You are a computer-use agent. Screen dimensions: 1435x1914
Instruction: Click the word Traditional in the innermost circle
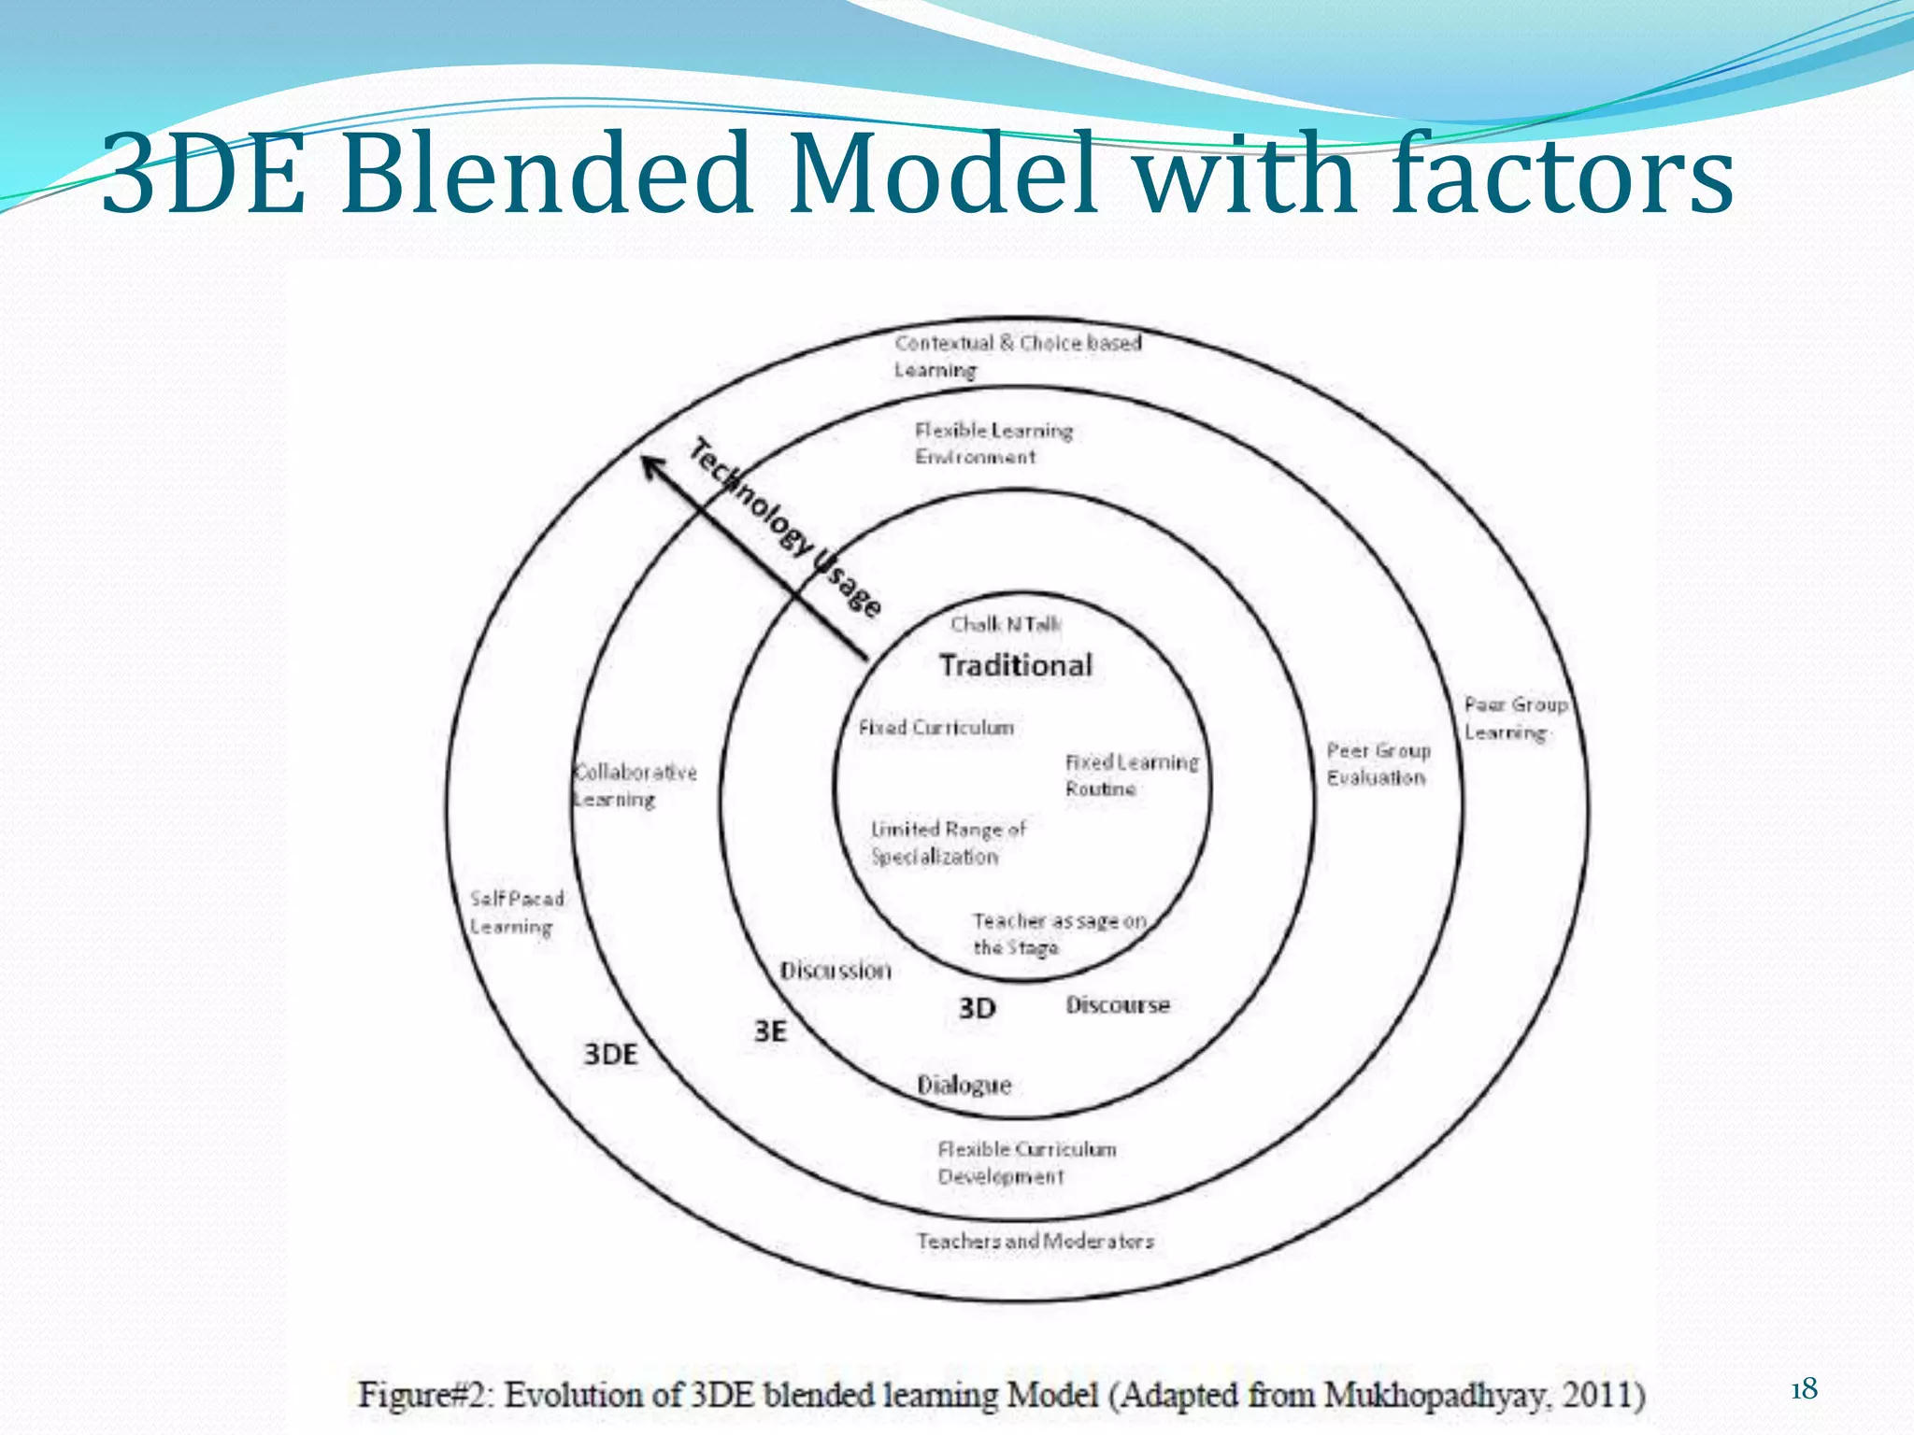pyautogui.click(x=1015, y=665)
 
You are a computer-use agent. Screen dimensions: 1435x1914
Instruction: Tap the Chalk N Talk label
pyautogui.click(x=1005, y=624)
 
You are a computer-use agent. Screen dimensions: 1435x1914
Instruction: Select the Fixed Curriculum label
pyautogui.click(x=936, y=727)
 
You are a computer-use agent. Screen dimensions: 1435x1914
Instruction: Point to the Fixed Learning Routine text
pyautogui.click(x=1130, y=774)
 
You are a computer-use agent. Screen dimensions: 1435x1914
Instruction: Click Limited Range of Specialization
pyautogui.click(x=947, y=842)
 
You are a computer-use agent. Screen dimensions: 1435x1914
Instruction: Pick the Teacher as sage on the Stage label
pyautogui.click(x=1058, y=933)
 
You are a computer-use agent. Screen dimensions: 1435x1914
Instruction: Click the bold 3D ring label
pyautogui.click(x=977, y=1008)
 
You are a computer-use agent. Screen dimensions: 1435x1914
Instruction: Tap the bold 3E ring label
pyautogui.click(x=770, y=1031)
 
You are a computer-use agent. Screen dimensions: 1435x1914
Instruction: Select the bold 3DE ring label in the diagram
pyautogui.click(x=610, y=1054)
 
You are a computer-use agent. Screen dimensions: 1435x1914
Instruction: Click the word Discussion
pyautogui.click(x=836, y=971)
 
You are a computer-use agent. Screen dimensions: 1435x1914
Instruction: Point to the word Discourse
pyautogui.click(x=1118, y=1005)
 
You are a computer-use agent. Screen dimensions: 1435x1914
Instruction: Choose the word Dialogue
pyautogui.click(x=964, y=1085)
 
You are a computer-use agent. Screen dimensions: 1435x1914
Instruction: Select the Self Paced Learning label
pyautogui.click(x=516, y=912)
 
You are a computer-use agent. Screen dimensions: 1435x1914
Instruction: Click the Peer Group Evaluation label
pyautogui.click(x=1378, y=763)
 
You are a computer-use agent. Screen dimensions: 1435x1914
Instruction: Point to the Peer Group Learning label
pyautogui.click(x=1514, y=717)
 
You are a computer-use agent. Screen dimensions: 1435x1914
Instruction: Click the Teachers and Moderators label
pyautogui.click(x=1035, y=1241)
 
